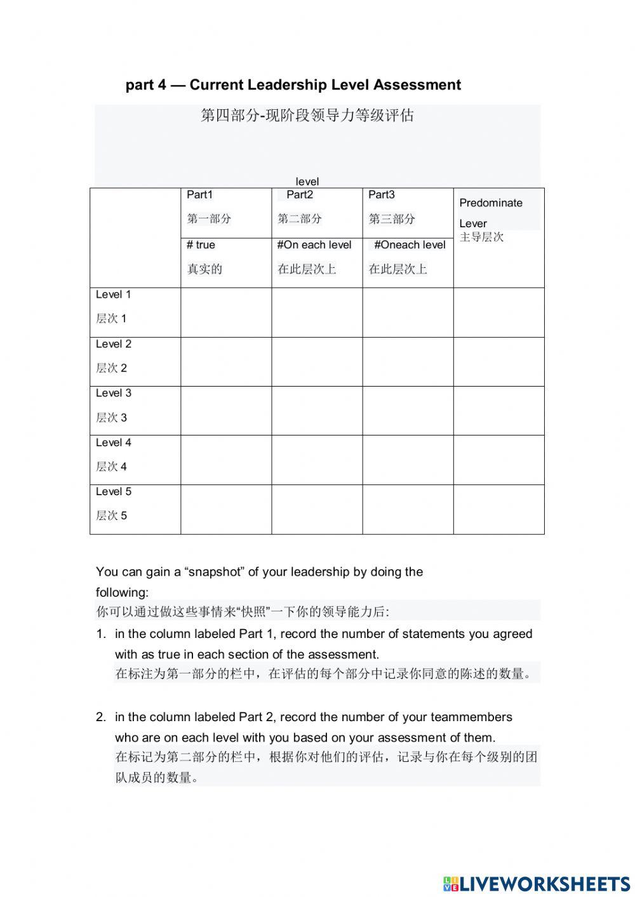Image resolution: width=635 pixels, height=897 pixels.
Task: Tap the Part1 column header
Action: pyautogui.click(x=199, y=195)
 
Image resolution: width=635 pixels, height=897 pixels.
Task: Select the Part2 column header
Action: pyautogui.click(x=300, y=195)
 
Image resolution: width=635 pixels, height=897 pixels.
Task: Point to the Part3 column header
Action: pyautogui.click(x=382, y=195)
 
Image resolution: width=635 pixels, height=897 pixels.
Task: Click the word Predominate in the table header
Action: pyautogui.click(x=491, y=203)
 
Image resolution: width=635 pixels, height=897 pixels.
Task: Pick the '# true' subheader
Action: pyautogui.click(x=201, y=245)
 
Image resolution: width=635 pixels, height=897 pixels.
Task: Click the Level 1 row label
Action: pyautogui.click(x=114, y=295)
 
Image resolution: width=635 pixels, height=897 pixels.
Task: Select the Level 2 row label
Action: pyautogui.click(x=114, y=344)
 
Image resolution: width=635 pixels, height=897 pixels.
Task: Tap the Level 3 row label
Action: pyautogui.click(x=114, y=393)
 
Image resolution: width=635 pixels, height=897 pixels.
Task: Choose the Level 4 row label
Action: pyautogui.click(x=114, y=442)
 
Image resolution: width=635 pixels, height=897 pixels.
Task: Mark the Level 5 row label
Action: pyautogui.click(x=114, y=491)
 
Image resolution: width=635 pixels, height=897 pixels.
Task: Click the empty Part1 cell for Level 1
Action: pyautogui.click(x=226, y=312)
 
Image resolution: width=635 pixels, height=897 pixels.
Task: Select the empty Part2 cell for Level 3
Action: pyautogui.click(x=317, y=411)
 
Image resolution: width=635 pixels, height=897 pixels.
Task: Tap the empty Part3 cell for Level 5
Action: pyautogui.click(x=408, y=509)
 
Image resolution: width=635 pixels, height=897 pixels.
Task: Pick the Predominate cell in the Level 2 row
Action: pyautogui.click(x=498, y=362)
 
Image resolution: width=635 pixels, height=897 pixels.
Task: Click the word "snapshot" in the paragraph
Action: pyautogui.click(x=214, y=572)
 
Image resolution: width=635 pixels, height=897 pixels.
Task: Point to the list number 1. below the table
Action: pyautogui.click(x=101, y=634)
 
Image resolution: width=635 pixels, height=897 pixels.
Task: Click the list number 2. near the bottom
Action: pyautogui.click(x=101, y=717)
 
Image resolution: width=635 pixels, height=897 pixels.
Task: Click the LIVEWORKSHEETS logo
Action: pyautogui.click(x=537, y=884)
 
